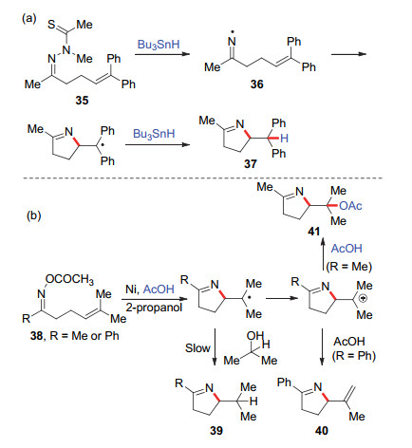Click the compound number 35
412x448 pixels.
tap(82, 101)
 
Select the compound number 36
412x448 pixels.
tap(256, 84)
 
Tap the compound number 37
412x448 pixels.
tap(251, 164)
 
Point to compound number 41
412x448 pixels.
tap(313, 232)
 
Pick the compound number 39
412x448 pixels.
tap(216, 430)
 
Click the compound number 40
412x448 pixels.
tap(322, 430)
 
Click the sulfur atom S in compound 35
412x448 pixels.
tap(51, 25)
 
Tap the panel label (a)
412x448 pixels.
tap(29, 19)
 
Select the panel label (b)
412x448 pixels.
tap(34, 215)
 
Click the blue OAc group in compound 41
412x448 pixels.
tap(350, 206)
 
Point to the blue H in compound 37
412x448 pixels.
tap(284, 139)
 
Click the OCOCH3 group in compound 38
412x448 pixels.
tap(69, 279)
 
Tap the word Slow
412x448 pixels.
tap(197, 348)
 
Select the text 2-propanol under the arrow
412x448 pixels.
tap(154, 307)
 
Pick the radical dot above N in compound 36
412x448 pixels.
tap(232, 32)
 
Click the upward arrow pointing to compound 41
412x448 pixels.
tap(323, 255)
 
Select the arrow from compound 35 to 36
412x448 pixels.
tap(162, 54)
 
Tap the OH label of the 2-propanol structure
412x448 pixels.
tap(255, 336)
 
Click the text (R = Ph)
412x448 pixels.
tap(354, 356)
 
